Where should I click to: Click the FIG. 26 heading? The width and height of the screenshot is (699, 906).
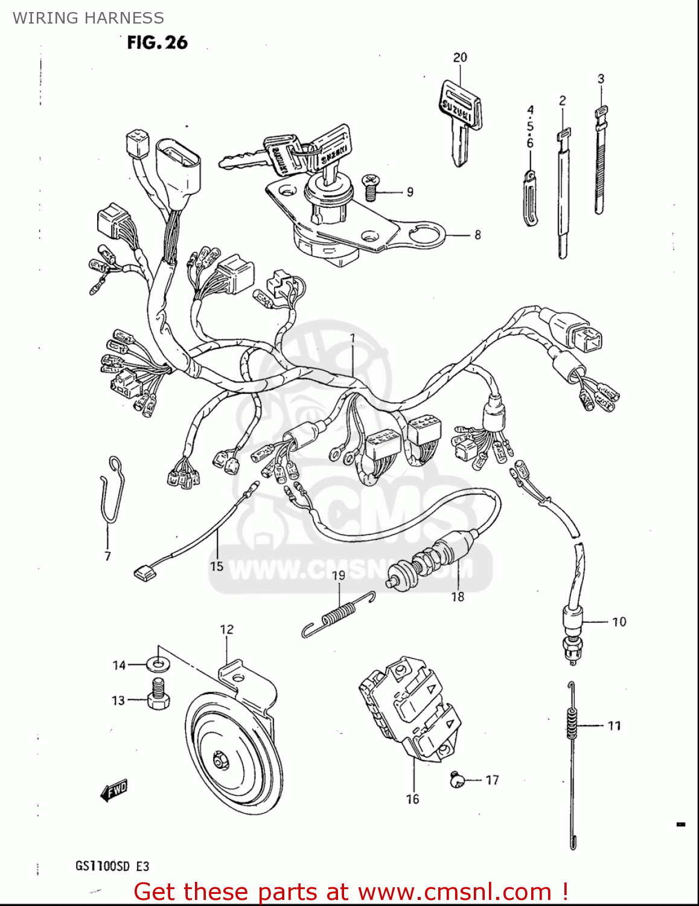pos(157,42)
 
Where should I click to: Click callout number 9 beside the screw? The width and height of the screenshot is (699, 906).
pos(410,192)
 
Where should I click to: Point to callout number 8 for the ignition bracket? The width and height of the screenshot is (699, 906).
pos(477,234)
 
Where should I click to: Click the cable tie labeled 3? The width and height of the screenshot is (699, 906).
pos(600,160)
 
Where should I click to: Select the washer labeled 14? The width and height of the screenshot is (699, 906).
pos(158,665)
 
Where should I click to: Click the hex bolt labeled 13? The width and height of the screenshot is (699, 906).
pos(158,698)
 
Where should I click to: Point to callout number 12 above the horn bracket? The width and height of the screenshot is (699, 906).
pos(226,629)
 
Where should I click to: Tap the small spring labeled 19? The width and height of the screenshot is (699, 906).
pos(337,615)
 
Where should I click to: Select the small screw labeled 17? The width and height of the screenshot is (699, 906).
pos(457,780)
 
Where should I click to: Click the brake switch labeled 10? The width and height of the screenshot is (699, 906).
pos(571,631)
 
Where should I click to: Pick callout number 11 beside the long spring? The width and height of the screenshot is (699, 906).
pos(614,725)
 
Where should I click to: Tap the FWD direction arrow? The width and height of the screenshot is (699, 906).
pos(115,789)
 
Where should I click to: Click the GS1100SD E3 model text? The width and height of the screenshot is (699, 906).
pos(112,866)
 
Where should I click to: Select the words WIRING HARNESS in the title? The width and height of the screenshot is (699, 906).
pos(88,18)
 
